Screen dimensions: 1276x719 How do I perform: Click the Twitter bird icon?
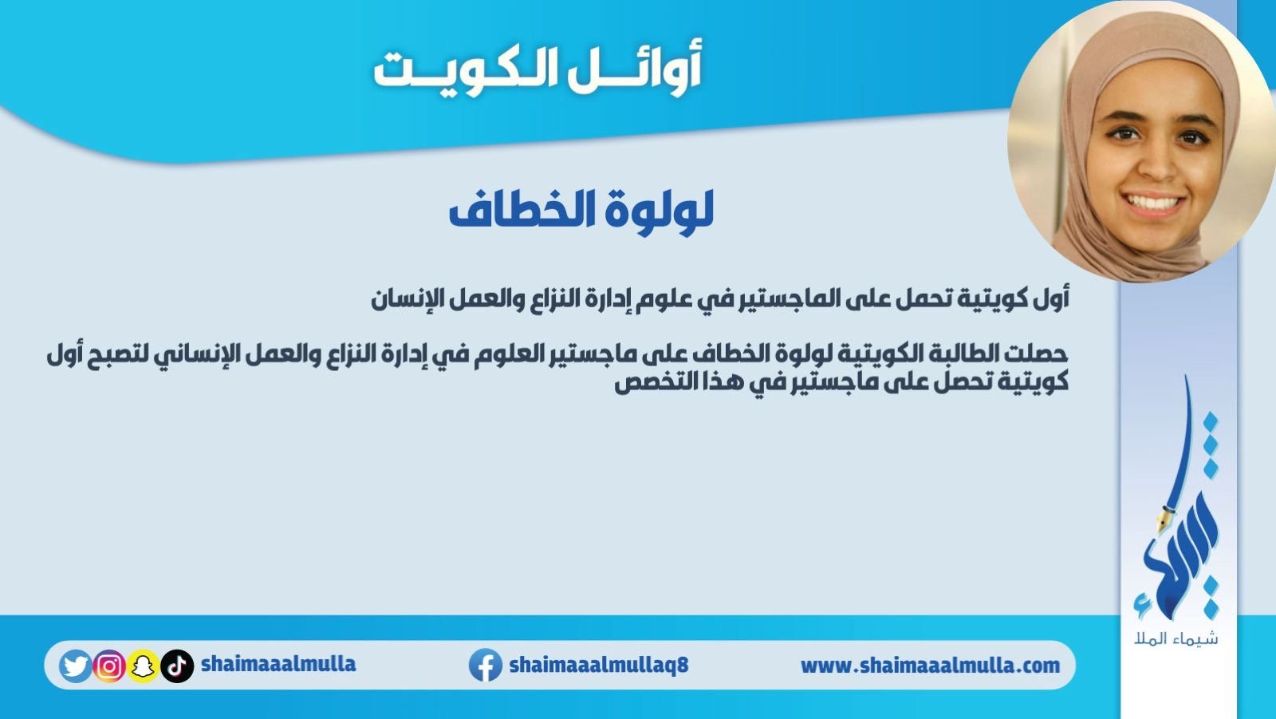tap(75, 666)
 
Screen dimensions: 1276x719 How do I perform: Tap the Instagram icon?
tap(108, 666)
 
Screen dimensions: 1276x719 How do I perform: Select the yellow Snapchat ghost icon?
tap(143, 666)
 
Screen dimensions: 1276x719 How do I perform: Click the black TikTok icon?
tap(177, 666)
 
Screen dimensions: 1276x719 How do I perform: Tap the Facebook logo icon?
tap(486, 665)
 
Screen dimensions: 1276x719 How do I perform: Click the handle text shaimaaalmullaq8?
tap(599, 665)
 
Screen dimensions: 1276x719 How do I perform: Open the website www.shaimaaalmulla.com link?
tap(930, 666)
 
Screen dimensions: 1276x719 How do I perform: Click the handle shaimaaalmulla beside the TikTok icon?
tap(278, 664)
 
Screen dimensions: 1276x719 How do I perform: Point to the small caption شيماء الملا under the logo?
tap(1176, 638)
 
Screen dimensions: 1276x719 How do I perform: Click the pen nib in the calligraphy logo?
tap(1162, 521)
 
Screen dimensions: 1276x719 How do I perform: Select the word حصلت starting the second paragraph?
tap(1038, 354)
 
